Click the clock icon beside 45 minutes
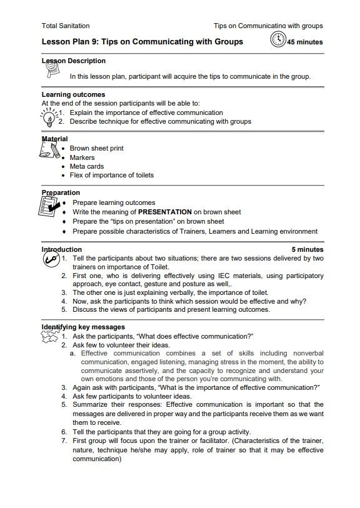click(x=277, y=41)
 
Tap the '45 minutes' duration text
click(x=305, y=42)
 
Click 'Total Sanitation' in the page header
click(x=65, y=26)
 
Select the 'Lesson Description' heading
click(x=73, y=61)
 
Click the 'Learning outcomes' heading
click(x=73, y=95)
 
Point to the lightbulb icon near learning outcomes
click(x=47, y=116)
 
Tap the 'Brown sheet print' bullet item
click(x=96, y=149)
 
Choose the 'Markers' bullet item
click(x=82, y=157)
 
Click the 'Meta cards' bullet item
click(x=86, y=166)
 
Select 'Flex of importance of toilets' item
click(x=111, y=175)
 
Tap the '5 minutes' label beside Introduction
click(x=307, y=249)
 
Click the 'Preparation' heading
click(x=61, y=192)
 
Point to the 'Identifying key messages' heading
click(x=83, y=327)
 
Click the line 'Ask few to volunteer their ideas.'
click(x=121, y=344)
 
